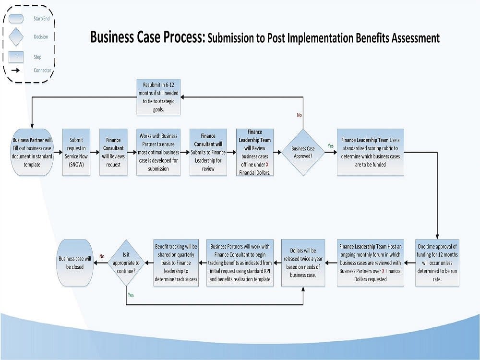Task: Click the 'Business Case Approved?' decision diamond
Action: click(303, 152)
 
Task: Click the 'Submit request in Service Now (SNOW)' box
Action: click(76, 152)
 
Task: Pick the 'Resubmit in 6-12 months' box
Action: click(158, 96)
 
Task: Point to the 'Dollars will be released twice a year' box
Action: click(303, 263)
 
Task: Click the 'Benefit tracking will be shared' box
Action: click(176, 263)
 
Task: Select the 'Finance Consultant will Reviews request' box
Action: click(113, 152)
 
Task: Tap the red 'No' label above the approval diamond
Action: click(299, 115)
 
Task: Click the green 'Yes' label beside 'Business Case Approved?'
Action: click(330, 146)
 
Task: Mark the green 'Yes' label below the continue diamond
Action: click(131, 295)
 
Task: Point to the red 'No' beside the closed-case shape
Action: click(102, 256)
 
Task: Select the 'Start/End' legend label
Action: click(41, 19)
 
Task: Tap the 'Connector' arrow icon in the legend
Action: click(16, 71)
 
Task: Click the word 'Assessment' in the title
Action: click(412, 38)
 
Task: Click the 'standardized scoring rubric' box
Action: click(371, 152)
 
